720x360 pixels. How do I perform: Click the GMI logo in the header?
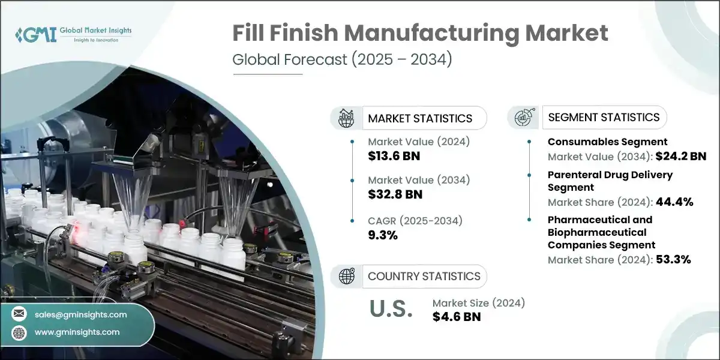click(72, 35)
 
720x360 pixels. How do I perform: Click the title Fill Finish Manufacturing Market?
click(420, 35)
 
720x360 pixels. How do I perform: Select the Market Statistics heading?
click(420, 118)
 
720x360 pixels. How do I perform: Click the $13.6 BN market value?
click(394, 156)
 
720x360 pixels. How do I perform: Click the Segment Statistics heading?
click(604, 117)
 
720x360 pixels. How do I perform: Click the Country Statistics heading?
click(424, 276)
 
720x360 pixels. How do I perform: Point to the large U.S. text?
click(390, 309)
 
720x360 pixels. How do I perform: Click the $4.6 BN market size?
click(456, 317)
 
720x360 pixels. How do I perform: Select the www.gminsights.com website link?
click(77, 332)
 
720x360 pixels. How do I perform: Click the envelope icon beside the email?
click(19, 314)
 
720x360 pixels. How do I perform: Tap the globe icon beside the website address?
click(19, 332)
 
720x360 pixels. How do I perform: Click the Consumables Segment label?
click(607, 142)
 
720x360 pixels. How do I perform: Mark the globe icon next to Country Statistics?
click(347, 276)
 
